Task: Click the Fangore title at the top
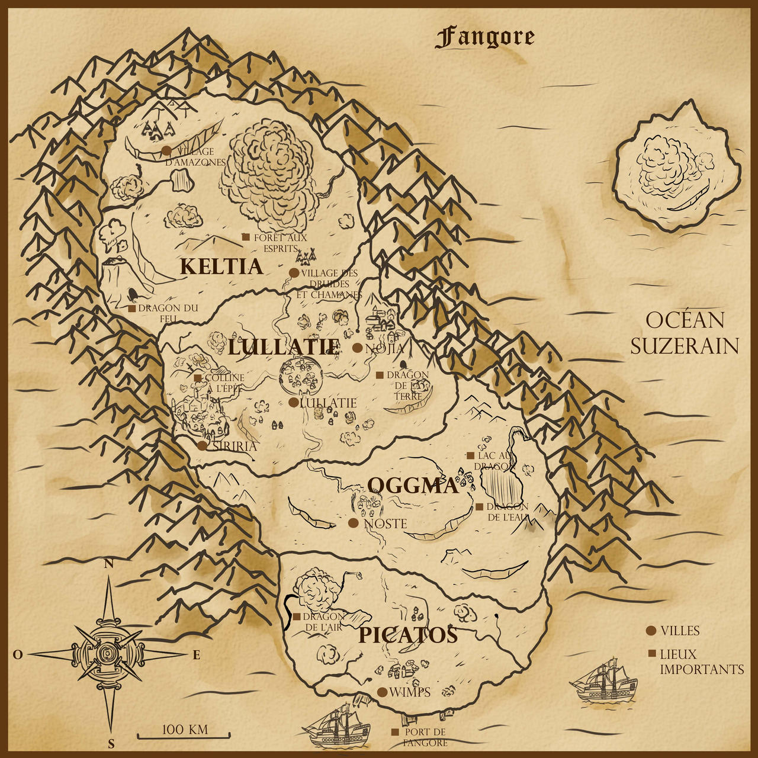[x=484, y=38]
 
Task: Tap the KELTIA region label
[x=221, y=267]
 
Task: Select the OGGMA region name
[x=413, y=486]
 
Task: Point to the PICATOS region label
[x=408, y=635]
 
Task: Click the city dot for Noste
[x=354, y=523]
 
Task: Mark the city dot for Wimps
[x=382, y=692]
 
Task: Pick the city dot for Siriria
[x=203, y=446]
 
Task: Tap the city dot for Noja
[x=357, y=348]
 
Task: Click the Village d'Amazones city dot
[x=166, y=150]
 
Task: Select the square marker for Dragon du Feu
[x=131, y=309]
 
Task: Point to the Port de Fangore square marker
[x=394, y=733]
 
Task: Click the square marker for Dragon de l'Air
[x=296, y=616]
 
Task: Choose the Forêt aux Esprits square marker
[x=246, y=237]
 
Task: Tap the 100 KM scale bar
[x=184, y=736]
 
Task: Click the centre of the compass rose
[x=108, y=654]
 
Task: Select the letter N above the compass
[x=109, y=564]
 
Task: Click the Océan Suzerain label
[x=685, y=333]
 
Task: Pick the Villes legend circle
[x=651, y=631]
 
